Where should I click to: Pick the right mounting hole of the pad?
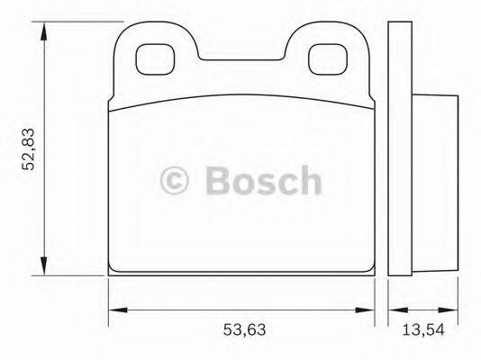click(322, 59)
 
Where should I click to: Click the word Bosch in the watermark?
click(261, 180)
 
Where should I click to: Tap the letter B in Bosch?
click(217, 180)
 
